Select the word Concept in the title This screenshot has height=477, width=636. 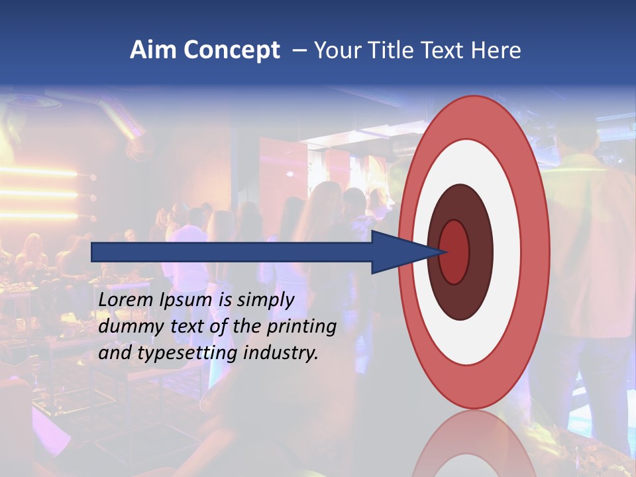231,50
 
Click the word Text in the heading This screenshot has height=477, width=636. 440,50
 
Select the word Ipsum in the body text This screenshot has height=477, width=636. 184,300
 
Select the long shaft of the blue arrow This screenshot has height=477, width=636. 232,252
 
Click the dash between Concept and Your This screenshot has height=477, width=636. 299,50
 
